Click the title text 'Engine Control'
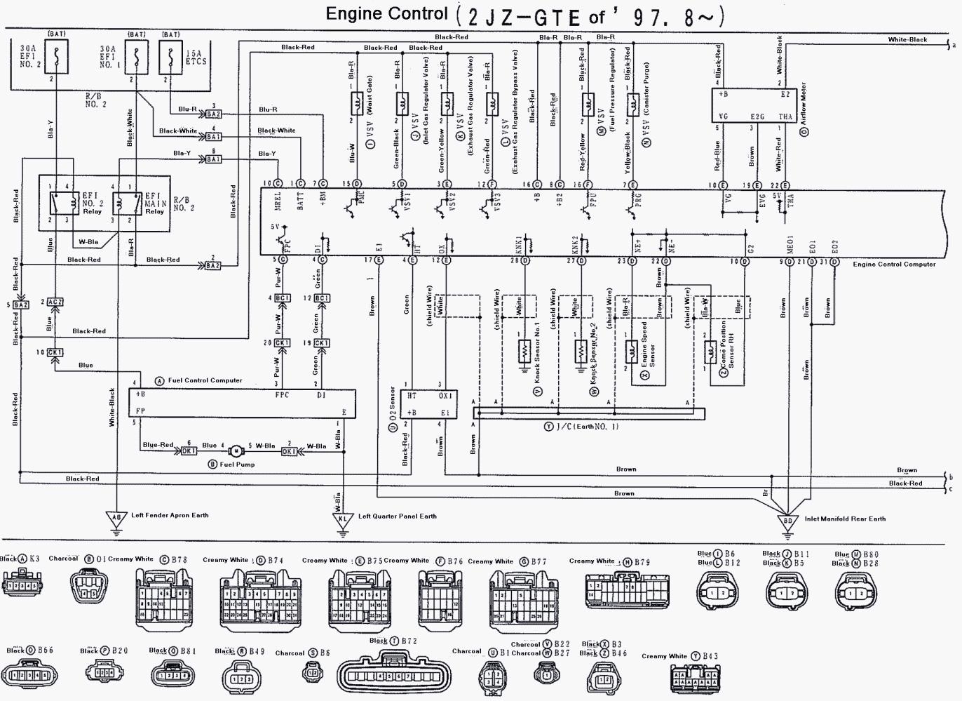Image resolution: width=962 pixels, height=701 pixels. pos(386,14)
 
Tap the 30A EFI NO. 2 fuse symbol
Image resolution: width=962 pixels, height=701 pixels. pos(55,57)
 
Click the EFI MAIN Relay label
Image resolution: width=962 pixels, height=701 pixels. pos(155,203)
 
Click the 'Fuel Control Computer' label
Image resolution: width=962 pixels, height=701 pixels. pos(205,380)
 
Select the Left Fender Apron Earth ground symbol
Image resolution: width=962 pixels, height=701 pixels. pos(116,519)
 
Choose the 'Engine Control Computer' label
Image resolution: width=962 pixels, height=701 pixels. pos(894,265)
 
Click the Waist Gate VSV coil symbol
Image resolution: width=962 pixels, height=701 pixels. pos(355,104)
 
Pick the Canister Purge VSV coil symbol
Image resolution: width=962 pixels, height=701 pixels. pos(632,105)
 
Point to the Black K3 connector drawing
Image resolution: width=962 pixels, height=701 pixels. pos(23,584)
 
